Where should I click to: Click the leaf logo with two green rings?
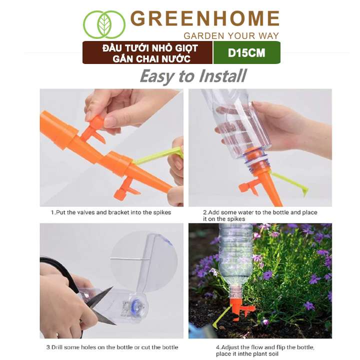click(104, 24)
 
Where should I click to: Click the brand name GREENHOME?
click(205, 18)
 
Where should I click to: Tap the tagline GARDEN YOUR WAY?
click(231, 36)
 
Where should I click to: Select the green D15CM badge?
click(247, 52)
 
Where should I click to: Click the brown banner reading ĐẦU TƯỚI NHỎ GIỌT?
click(147, 52)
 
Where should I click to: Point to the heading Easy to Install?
click(193, 76)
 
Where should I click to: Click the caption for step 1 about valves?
click(111, 212)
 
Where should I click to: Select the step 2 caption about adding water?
click(260, 215)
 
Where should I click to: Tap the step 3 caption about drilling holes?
click(112, 347)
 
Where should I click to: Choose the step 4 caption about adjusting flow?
click(265, 350)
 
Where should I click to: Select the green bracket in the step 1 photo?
click(158, 155)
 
